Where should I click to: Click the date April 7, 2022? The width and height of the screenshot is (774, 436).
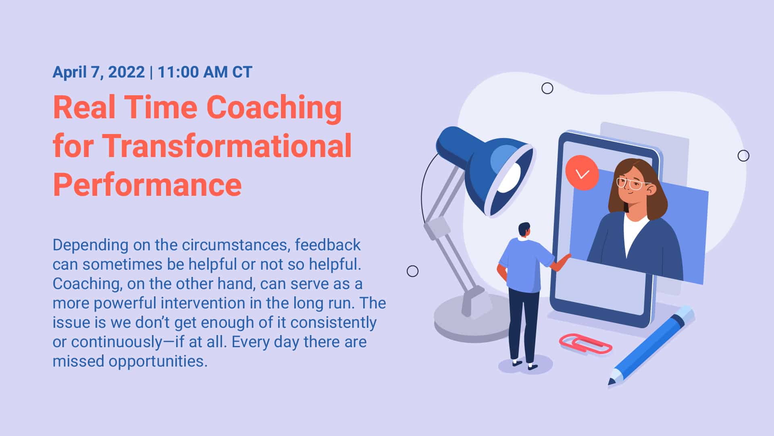click(98, 72)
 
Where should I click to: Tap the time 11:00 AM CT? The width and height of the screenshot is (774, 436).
click(205, 72)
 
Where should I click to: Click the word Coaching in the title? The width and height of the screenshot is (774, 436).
click(274, 108)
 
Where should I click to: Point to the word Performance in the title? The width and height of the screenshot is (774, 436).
click(147, 184)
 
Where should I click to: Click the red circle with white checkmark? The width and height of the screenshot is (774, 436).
click(582, 173)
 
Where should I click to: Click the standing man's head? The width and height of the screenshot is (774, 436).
click(524, 230)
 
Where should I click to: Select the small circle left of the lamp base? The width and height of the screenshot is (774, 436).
click(412, 271)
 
